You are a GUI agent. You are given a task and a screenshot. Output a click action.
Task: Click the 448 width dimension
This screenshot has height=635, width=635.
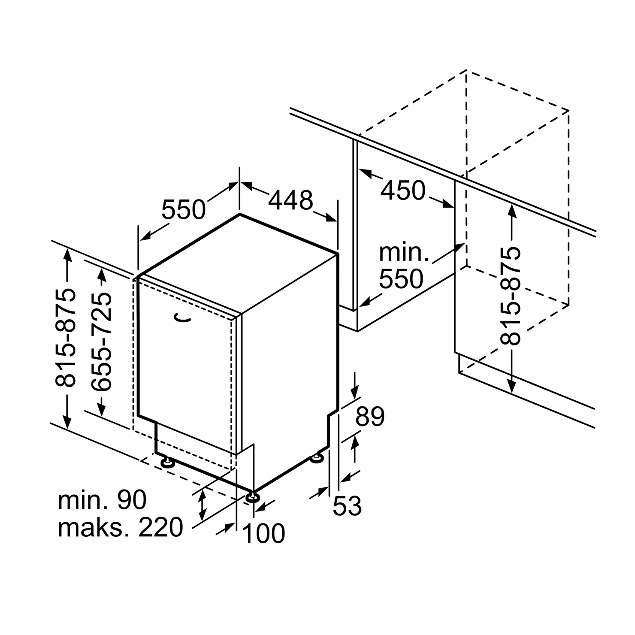tap(291, 200)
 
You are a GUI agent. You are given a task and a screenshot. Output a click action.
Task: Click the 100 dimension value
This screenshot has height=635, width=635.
tap(263, 533)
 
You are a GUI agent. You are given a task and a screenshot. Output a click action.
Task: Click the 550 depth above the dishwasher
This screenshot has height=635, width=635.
tap(184, 209)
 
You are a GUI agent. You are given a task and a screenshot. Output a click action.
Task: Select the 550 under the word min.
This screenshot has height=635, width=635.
tap(401, 279)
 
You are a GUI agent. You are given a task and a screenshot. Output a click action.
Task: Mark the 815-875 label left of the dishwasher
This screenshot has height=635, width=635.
tap(66, 337)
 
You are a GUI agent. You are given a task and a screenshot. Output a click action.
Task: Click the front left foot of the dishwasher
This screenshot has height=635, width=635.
tap(166, 463)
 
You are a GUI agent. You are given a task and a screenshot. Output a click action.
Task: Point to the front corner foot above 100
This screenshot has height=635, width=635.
tap(252, 497)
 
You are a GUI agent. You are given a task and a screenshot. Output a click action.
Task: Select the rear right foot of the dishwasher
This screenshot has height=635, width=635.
tap(317, 459)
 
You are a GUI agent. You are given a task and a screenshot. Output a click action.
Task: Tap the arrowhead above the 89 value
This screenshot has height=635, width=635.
tap(355, 392)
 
